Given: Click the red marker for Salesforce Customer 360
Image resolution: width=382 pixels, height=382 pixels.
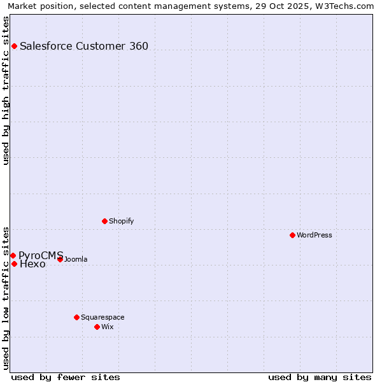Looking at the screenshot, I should click(14, 46).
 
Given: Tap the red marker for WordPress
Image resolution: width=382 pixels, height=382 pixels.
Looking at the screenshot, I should click(292, 235).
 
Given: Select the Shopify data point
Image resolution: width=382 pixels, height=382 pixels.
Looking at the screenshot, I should click(104, 221).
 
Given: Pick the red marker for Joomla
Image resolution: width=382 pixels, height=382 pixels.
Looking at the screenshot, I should click(60, 259).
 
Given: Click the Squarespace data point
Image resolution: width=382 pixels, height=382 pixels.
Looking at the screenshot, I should click(76, 317).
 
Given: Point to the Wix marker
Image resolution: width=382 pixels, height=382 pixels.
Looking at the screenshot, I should click(97, 327).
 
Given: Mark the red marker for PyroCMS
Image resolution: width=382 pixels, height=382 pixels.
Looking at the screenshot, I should click(13, 255).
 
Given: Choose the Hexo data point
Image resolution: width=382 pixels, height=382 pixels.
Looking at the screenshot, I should click(14, 264).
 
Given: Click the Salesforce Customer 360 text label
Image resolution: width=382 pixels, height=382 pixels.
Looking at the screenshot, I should click(84, 46).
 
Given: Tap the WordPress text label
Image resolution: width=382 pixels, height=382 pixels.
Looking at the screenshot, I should click(315, 235).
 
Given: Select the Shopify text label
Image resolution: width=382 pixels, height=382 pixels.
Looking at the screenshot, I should click(122, 221).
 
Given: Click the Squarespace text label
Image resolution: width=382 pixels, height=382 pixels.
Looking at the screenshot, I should click(103, 317).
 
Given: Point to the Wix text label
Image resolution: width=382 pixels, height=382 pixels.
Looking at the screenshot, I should click(108, 327).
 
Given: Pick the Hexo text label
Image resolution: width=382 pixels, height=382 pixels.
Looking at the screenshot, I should click(32, 264).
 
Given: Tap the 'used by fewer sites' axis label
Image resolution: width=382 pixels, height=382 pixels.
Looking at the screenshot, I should click(66, 377).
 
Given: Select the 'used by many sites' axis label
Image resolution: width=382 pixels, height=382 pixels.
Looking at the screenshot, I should click(320, 377).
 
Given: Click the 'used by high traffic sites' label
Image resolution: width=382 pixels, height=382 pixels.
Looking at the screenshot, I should click(6, 90).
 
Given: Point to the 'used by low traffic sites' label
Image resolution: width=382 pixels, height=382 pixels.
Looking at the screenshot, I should click(6, 297).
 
